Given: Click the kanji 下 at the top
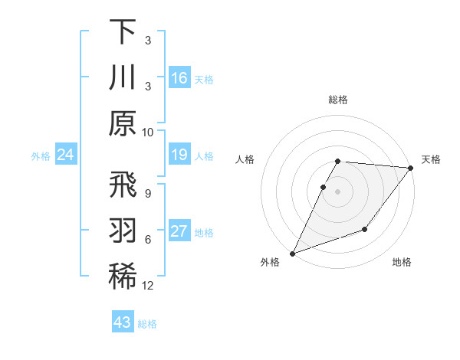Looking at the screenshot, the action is pyautogui.click(x=123, y=31).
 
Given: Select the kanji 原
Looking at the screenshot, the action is pyautogui.click(x=123, y=123).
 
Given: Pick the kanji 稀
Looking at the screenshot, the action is pyautogui.click(x=123, y=278).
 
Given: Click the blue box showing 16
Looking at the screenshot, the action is pyautogui.click(x=179, y=78).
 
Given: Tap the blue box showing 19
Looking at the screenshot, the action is pyautogui.click(x=179, y=155).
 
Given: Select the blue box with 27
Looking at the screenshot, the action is pyautogui.click(x=179, y=232).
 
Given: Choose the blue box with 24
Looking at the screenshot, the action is pyautogui.click(x=66, y=155).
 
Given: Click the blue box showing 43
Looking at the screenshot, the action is pyautogui.click(x=123, y=322).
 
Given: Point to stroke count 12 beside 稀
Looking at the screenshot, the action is pyautogui.click(x=148, y=286).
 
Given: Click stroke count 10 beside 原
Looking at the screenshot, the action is pyautogui.click(x=148, y=132).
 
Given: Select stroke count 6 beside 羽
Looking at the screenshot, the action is pyautogui.click(x=148, y=240).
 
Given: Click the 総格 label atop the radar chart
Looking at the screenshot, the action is pyautogui.click(x=338, y=100).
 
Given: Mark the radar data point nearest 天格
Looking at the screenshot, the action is pyautogui.click(x=412, y=169).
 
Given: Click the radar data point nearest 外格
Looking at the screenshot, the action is pyautogui.click(x=292, y=254).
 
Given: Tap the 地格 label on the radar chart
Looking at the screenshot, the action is pyautogui.click(x=402, y=263).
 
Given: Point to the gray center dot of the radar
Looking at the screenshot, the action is pyautogui.click(x=338, y=191).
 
